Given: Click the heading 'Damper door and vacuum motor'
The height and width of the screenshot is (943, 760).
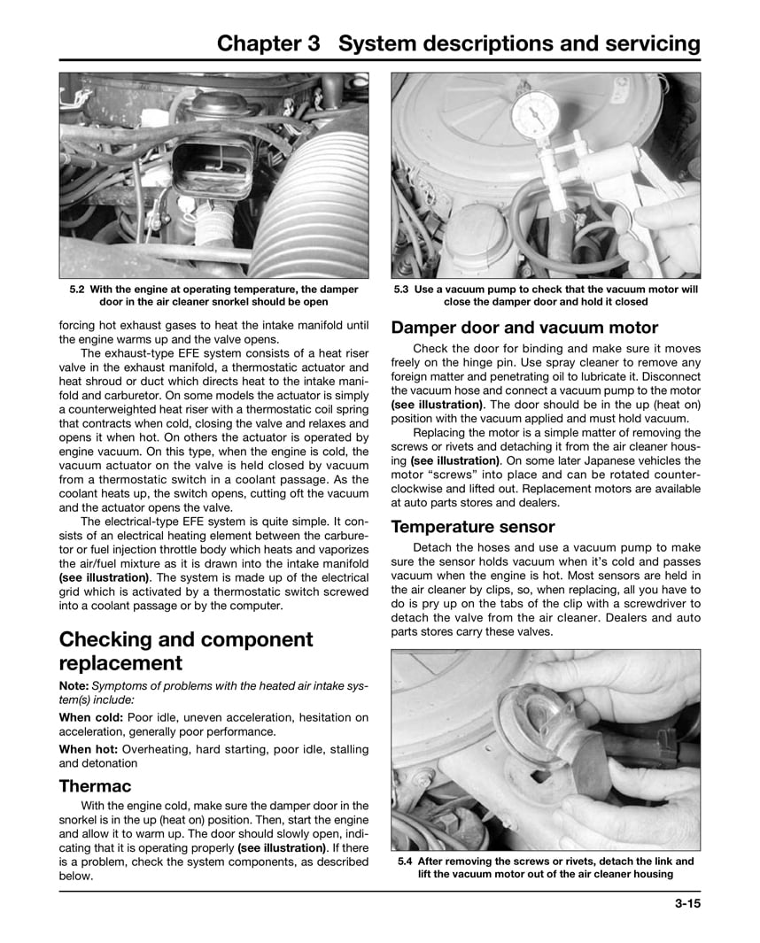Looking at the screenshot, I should [x=524, y=327].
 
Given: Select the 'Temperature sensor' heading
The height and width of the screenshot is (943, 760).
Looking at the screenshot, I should [x=473, y=527].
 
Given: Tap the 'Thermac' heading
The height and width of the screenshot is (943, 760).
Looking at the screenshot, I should [x=95, y=785].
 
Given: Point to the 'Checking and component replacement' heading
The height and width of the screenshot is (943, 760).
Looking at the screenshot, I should [x=186, y=651].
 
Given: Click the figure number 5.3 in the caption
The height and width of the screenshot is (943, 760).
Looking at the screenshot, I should [x=400, y=290].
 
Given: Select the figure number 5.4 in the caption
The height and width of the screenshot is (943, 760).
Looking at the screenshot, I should [x=407, y=861].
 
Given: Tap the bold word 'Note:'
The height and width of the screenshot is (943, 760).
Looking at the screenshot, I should [x=76, y=686].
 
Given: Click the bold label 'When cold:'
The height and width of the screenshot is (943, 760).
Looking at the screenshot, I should [x=91, y=716].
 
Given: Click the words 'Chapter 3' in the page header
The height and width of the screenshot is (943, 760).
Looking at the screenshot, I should [x=269, y=44].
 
